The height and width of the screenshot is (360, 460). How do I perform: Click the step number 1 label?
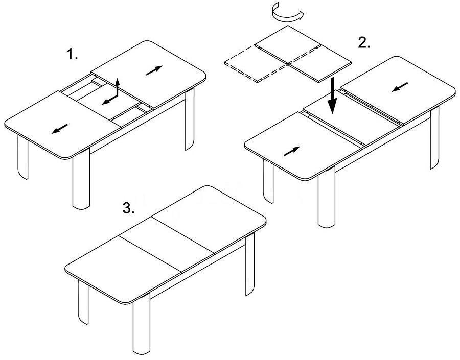tap(73, 54)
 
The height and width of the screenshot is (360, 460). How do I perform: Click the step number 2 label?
tap(364, 43)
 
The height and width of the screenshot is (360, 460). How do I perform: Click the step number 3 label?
tap(128, 208)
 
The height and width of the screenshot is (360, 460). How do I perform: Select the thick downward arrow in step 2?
tap(332, 95)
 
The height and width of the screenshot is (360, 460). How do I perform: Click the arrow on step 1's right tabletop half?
tap(154, 70)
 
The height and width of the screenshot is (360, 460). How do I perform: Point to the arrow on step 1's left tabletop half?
tap(60, 129)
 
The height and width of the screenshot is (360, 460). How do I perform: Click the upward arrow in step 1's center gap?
tap(117, 87)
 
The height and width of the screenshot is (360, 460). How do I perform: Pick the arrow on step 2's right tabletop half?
tap(400, 87)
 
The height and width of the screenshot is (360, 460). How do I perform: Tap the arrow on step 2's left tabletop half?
tap(292, 151)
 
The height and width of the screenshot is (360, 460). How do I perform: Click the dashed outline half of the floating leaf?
tap(256, 64)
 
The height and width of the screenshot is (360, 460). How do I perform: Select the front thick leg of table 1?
tap(81, 179)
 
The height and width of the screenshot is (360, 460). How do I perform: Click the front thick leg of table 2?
tap(327, 198)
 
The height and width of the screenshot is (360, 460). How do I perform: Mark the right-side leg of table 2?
tap(434, 137)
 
